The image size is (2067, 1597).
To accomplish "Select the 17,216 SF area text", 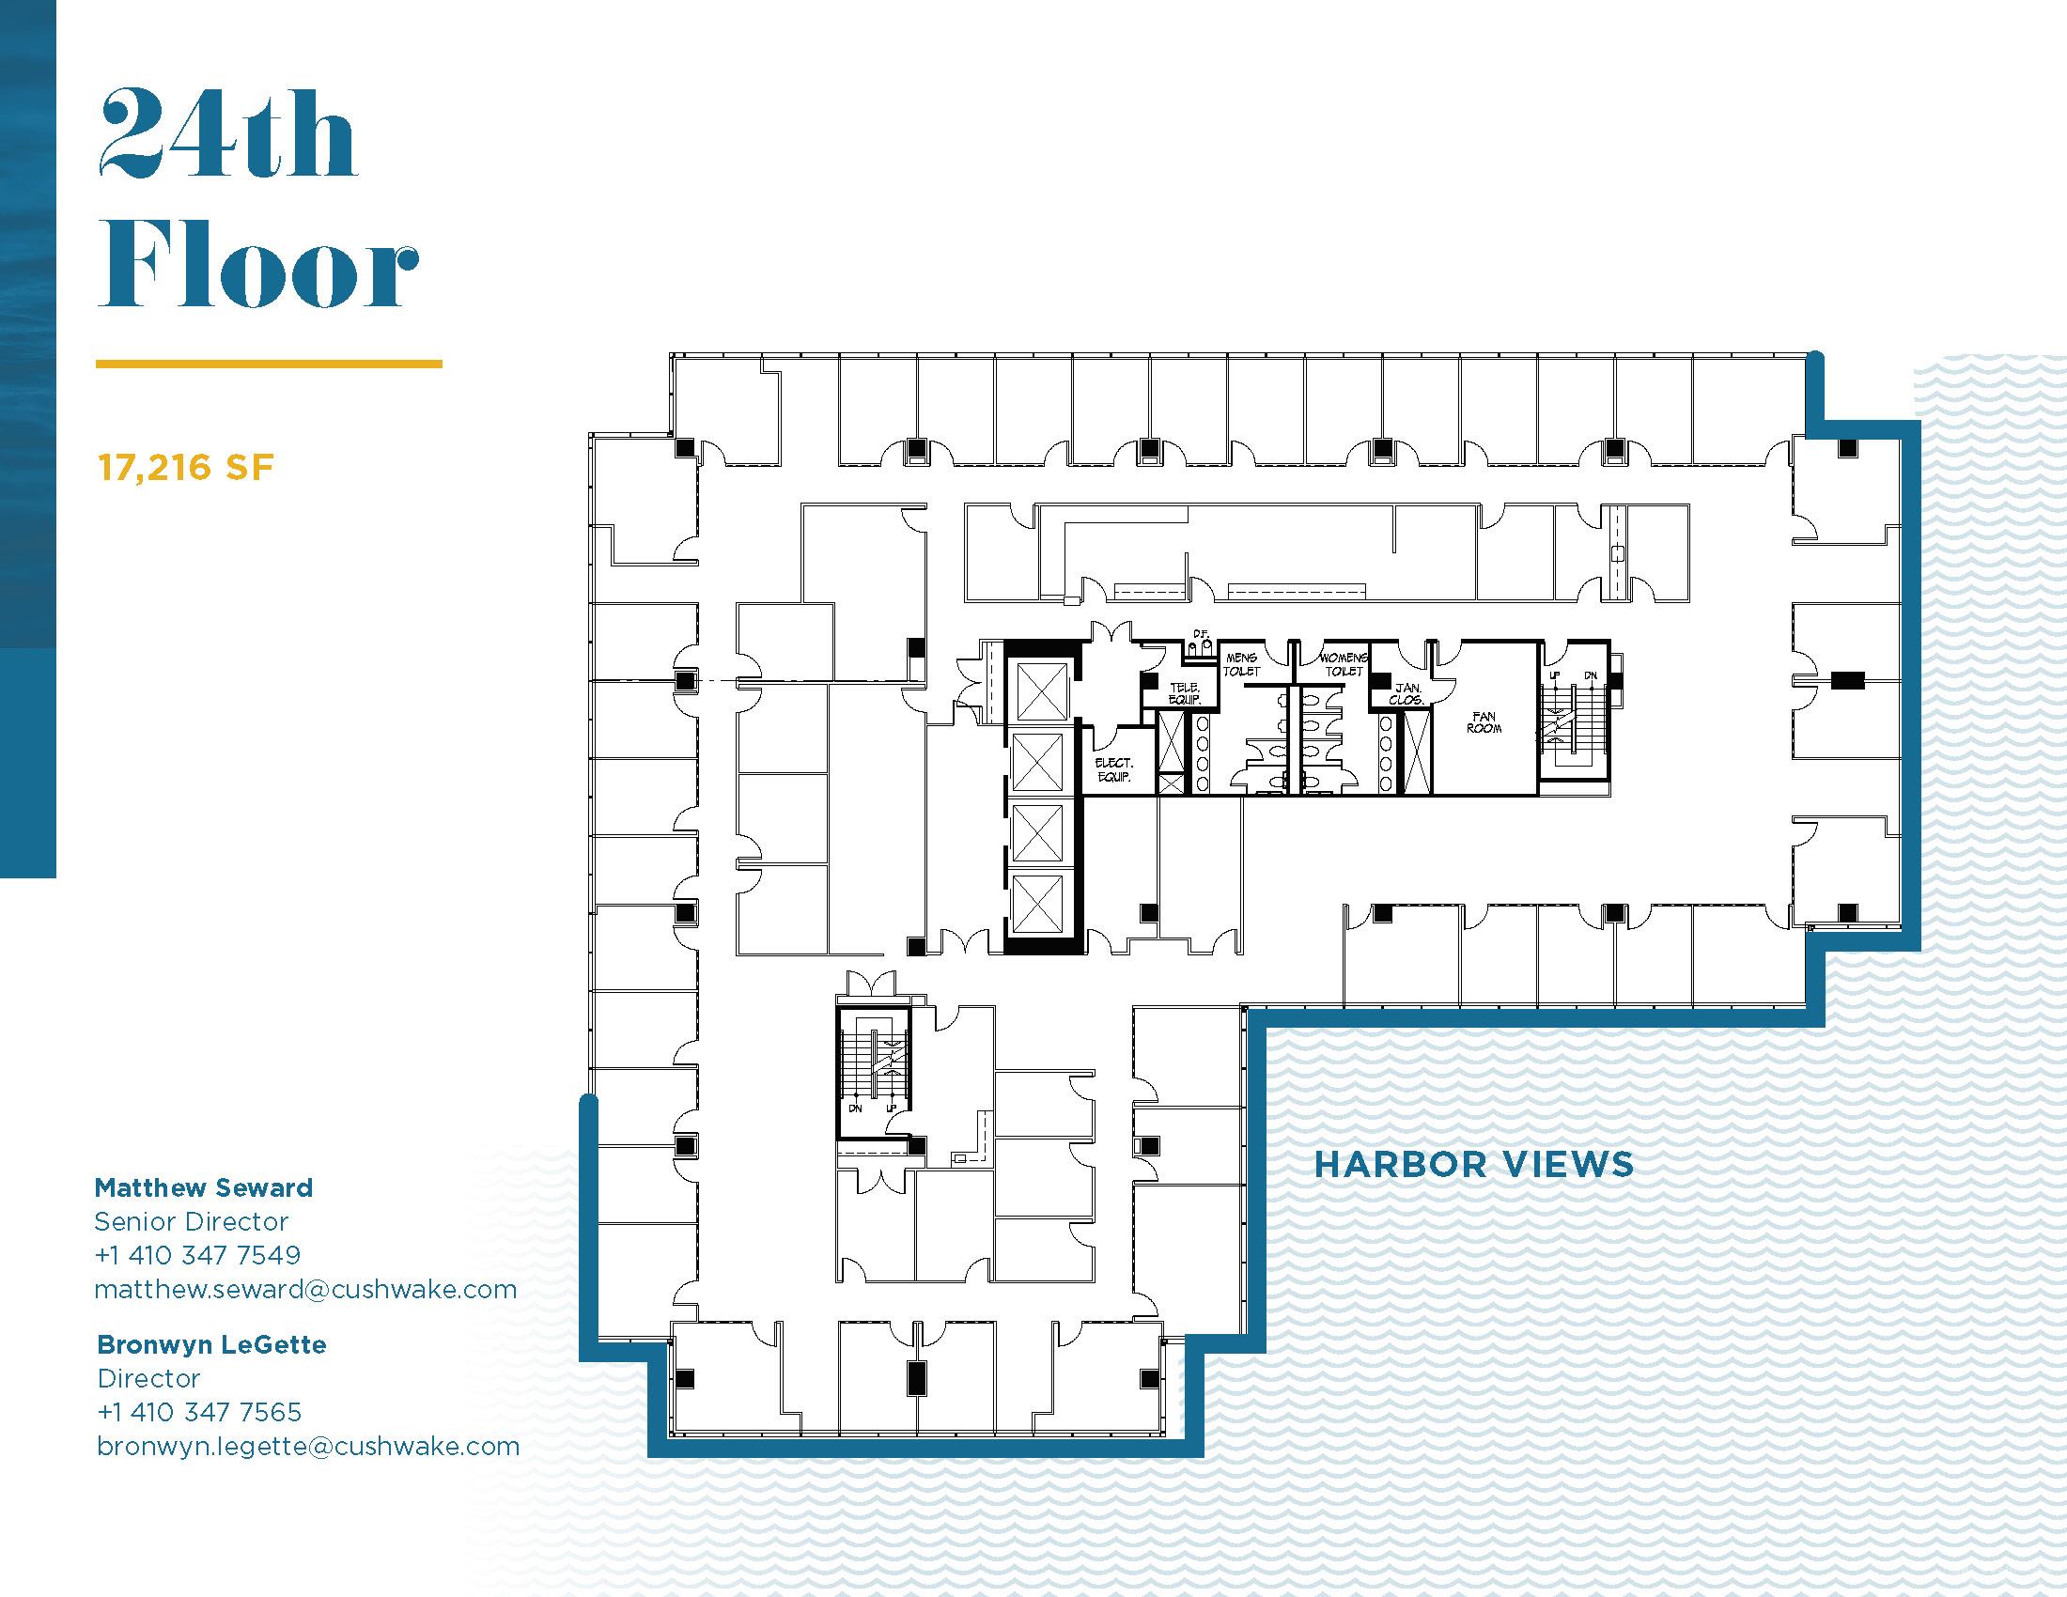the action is tap(185, 468).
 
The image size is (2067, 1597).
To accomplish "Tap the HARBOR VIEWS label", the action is tap(1474, 1165).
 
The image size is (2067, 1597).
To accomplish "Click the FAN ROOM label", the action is tap(1484, 722).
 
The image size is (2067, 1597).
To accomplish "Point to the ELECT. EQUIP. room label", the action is tap(1114, 770).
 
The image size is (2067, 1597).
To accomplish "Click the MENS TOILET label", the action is tap(1242, 664).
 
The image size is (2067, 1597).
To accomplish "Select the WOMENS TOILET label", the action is tap(1344, 664).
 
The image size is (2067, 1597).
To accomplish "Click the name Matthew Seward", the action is tap(204, 1187).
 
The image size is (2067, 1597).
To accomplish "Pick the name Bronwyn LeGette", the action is tap(212, 1344).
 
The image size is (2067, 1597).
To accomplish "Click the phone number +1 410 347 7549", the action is tap(198, 1255).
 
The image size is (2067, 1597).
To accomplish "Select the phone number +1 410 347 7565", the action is tap(199, 1413).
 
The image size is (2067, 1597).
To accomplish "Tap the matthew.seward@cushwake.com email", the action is tap(305, 1290).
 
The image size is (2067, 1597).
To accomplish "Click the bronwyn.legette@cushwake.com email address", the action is tap(308, 1447).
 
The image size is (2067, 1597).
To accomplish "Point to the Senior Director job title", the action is tap(191, 1221).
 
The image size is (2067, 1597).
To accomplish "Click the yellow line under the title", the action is tap(269, 364).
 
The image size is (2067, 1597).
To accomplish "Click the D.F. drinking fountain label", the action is tap(1201, 634).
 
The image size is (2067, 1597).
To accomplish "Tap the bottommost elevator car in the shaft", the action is tap(1038, 902).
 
